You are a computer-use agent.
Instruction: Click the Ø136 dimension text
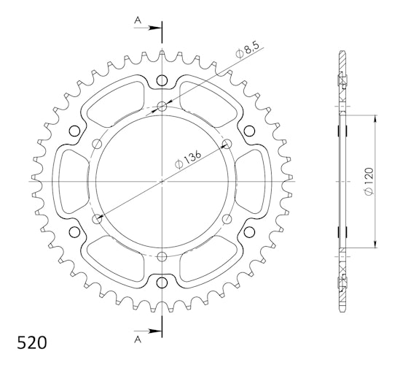pyautogui.click(x=188, y=159)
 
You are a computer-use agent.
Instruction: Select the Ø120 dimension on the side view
pyautogui.click(x=369, y=182)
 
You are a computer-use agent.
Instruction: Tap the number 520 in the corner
pyautogui.click(x=32, y=342)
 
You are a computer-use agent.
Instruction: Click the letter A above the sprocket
pyautogui.click(x=138, y=20)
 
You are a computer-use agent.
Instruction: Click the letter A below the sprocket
pyautogui.click(x=138, y=339)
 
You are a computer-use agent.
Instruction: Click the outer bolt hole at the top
pyautogui.click(x=162, y=80)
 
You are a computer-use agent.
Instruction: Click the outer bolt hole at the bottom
pyautogui.click(x=162, y=283)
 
